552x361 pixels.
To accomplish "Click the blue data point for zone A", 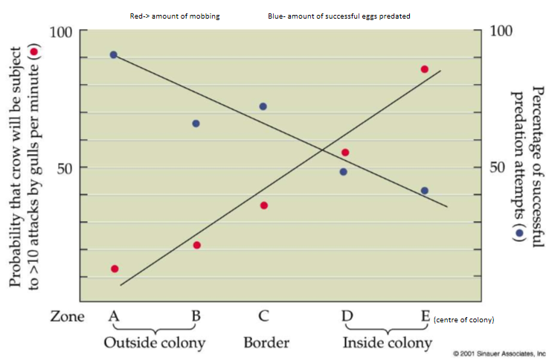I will [113, 55].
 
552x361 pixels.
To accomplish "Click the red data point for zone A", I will [115, 269].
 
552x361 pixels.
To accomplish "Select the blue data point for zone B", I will [196, 124].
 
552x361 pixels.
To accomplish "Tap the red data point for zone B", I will [197, 245].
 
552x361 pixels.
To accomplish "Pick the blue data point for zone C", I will [263, 106].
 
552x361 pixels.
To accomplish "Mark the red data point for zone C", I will [263, 205].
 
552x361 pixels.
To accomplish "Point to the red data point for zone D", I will [345, 153].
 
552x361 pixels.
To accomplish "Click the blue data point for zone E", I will [424, 191].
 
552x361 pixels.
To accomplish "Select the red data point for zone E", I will [425, 69].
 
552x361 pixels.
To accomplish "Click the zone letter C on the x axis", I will [263, 316].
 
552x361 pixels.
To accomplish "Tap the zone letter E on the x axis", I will [425, 316].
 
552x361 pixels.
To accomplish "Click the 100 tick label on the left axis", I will [61, 33].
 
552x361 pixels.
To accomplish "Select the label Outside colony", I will [154, 343].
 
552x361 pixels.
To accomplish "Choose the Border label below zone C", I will [266, 343].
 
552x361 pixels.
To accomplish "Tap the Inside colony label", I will [387, 343].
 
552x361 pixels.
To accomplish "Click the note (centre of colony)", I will [464, 319].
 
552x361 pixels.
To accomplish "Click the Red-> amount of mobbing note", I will [175, 16].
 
